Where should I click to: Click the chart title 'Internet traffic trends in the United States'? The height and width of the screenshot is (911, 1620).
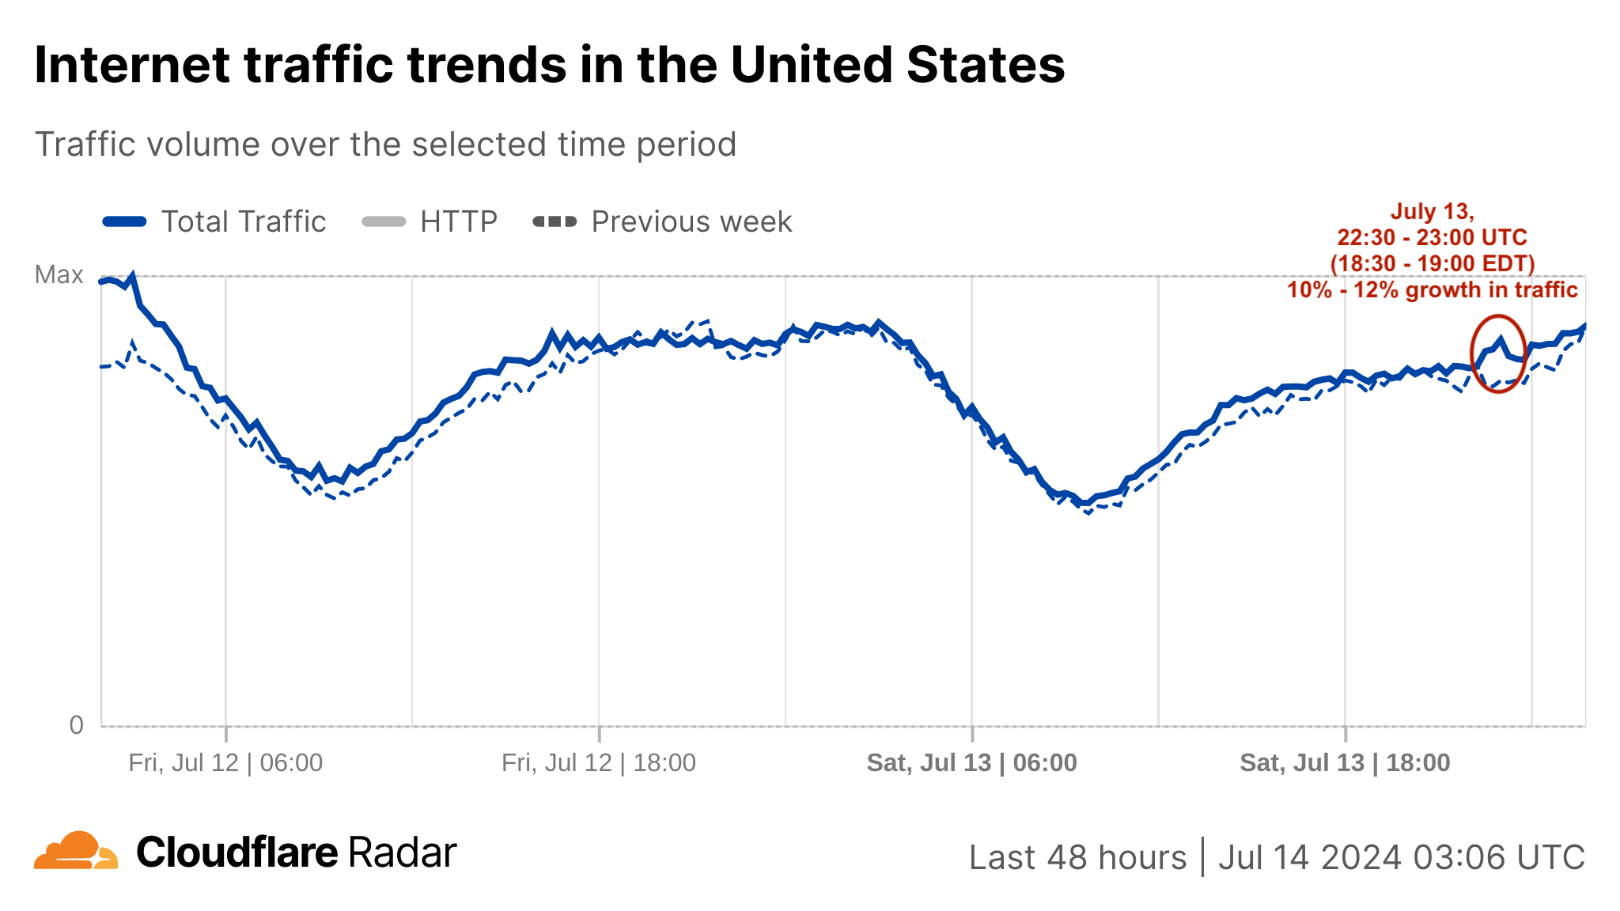549,65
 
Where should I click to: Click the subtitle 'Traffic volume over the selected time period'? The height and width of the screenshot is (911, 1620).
385,145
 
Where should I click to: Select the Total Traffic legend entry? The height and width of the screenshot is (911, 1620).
214,222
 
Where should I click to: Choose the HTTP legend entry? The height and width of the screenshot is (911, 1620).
430,222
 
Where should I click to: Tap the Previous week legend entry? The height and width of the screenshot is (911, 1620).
663,222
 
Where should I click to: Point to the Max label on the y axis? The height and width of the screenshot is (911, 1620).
59,274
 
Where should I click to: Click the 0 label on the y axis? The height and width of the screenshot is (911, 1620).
76,724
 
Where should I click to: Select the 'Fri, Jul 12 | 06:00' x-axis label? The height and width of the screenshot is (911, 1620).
225,762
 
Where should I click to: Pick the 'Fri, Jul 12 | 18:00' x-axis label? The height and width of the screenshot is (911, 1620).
599,762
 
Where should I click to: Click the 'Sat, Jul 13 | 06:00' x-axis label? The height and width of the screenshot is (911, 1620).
971,762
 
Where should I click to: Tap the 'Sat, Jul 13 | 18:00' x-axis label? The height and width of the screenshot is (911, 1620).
1345,762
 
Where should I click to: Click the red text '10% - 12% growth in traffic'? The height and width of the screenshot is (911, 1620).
1432,289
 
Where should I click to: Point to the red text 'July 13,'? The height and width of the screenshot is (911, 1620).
1432,212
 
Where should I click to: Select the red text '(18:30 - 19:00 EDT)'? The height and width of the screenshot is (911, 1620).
1432,263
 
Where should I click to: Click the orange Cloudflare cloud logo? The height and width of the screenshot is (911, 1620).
76,851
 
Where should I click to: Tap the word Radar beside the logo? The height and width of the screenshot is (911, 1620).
402,852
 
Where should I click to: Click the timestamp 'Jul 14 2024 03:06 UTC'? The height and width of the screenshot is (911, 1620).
1401,857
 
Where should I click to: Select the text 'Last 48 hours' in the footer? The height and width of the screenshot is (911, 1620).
1077,857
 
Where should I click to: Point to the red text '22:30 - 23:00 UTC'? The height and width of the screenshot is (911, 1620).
1432,237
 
